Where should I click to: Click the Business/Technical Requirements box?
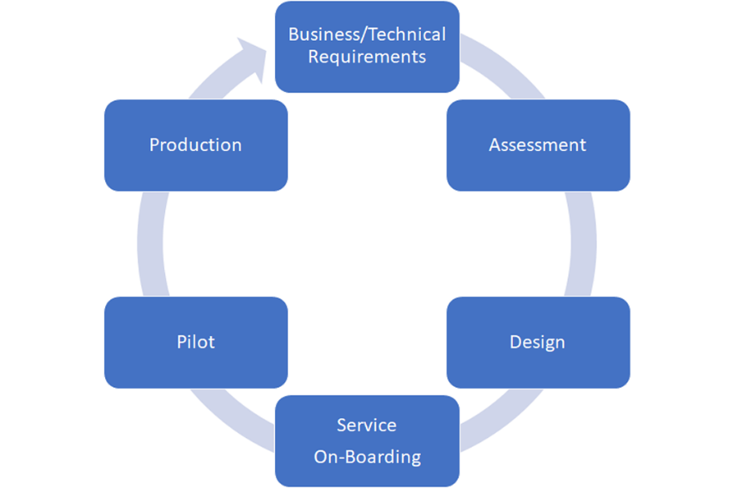point(367,75)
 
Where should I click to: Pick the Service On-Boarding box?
point(367,471)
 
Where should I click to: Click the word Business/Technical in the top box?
point(367,34)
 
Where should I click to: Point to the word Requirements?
point(367,57)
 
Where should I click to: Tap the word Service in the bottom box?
point(367,425)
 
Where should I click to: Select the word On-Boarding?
point(367,457)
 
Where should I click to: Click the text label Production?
point(195,145)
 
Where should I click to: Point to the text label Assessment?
point(537,145)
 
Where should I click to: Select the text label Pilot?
point(195,342)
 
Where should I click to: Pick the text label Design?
point(537,342)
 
